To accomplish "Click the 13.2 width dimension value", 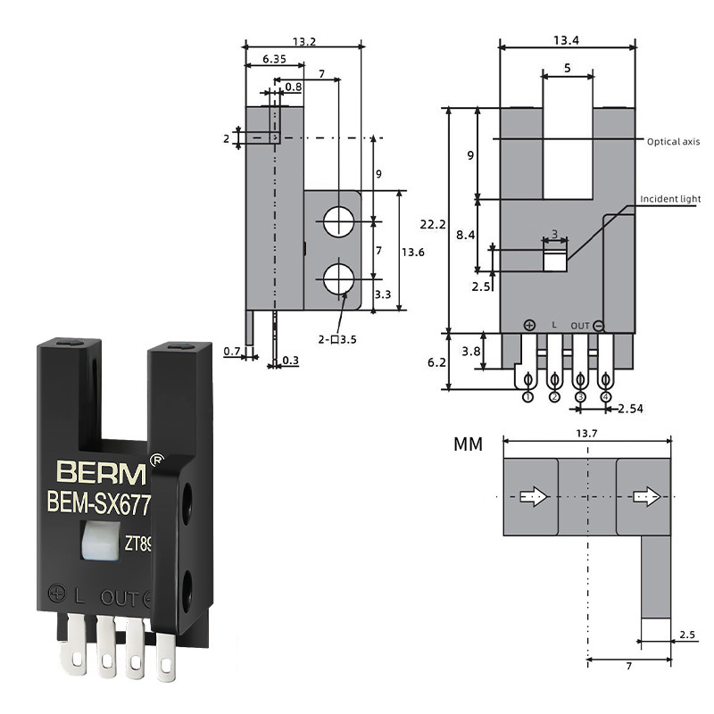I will coord(304,40).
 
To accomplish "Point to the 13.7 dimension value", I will coord(586,432).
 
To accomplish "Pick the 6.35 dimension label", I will coord(274,59).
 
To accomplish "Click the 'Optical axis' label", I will coord(674,141).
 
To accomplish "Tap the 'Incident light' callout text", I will coord(670,198).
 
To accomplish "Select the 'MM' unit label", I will coord(468,444).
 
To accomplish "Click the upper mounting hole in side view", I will coord(338,221).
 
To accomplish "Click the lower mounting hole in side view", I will coord(338,278).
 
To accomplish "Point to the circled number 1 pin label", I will coord(528,396).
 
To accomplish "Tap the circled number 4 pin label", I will coord(606,396).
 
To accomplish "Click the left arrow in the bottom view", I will coord(533,497).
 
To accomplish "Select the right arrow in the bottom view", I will coord(643,497).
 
